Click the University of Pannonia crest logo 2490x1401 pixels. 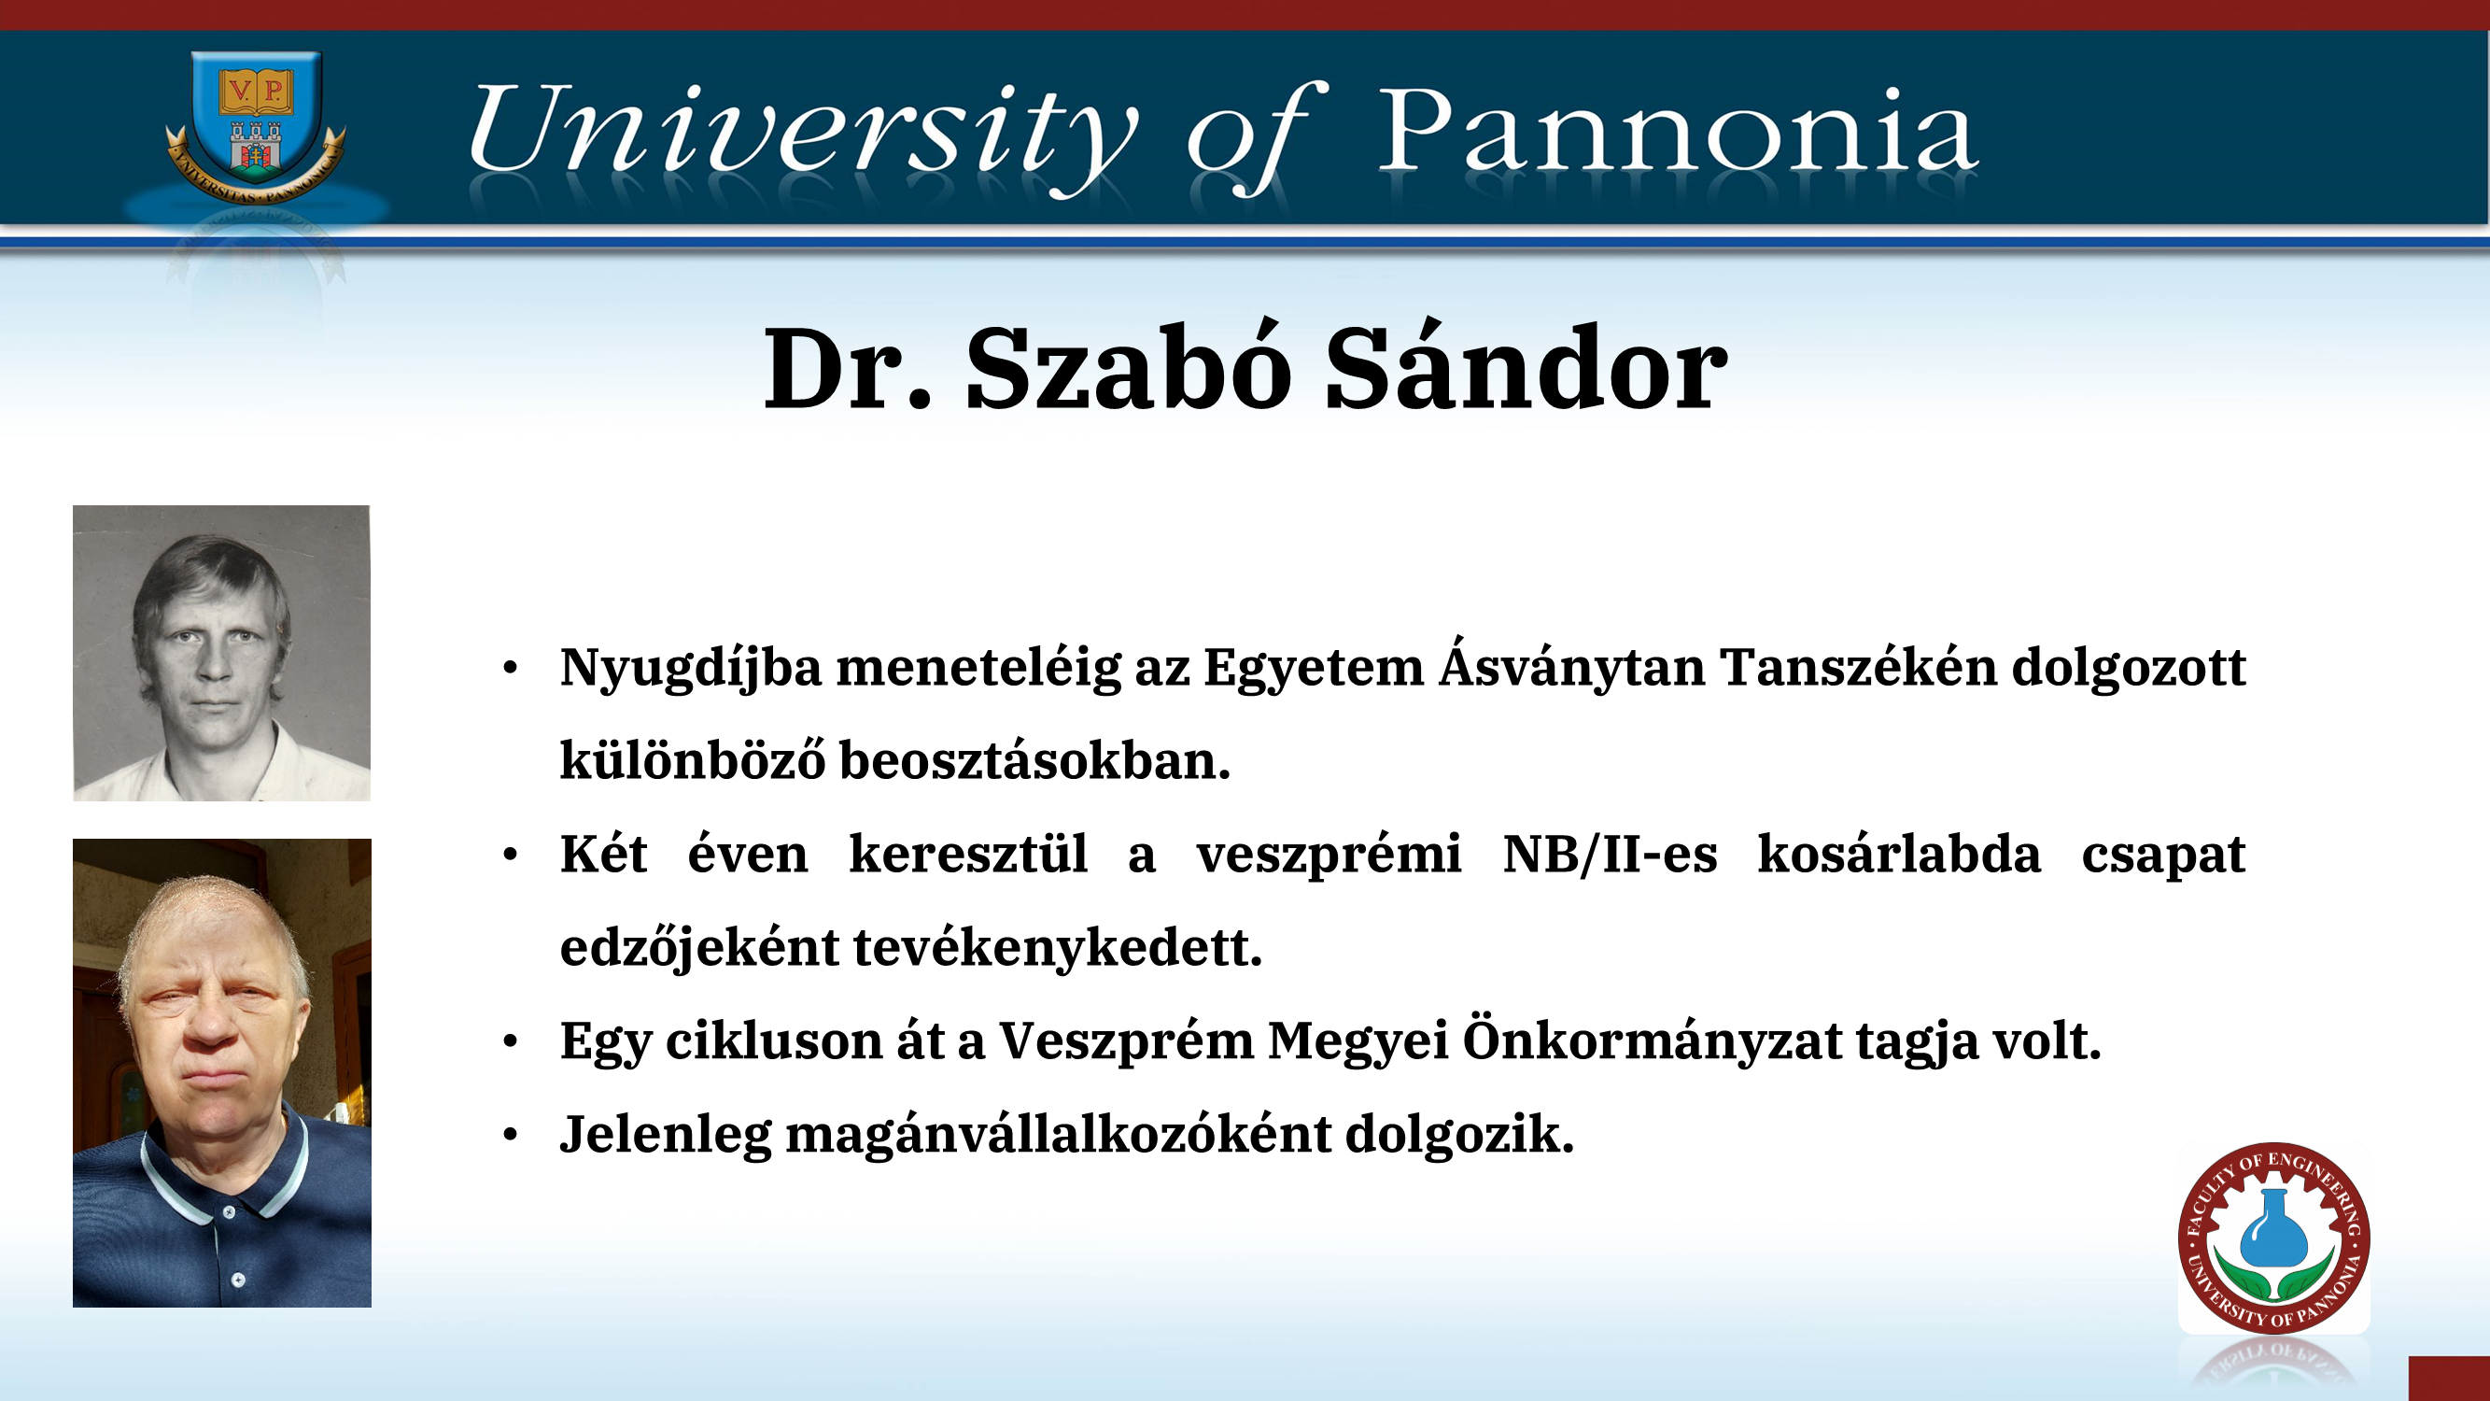click(x=255, y=126)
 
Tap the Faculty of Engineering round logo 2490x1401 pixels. click(x=2273, y=1238)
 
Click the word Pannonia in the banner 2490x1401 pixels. click(x=1678, y=130)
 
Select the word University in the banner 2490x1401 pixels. click(x=802, y=136)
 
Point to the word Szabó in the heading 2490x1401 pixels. click(x=1128, y=368)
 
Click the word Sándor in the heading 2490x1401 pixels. click(x=1526, y=366)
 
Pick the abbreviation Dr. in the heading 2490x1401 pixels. click(x=848, y=368)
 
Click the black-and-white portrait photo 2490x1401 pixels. click(x=221, y=653)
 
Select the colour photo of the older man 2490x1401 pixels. click(x=221, y=1072)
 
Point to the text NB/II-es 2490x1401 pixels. click(x=1611, y=855)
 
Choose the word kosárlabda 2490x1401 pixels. click(x=1899, y=854)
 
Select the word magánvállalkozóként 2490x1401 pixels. click(x=1059, y=1133)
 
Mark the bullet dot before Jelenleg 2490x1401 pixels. click(x=511, y=1134)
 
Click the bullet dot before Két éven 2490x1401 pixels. click(x=511, y=854)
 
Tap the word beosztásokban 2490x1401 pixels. click(x=1034, y=760)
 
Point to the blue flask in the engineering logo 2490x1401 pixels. click(x=2272, y=1227)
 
